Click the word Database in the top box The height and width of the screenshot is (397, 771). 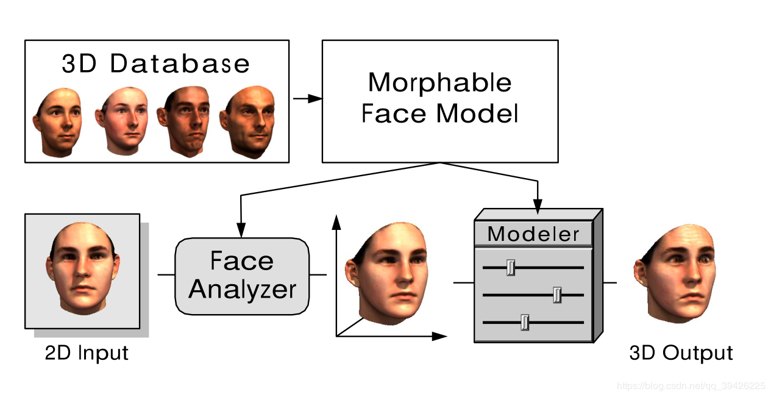click(180, 63)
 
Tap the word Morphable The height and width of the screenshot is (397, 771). click(439, 83)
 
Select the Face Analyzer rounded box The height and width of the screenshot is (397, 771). click(242, 276)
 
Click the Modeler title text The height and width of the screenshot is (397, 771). click(533, 234)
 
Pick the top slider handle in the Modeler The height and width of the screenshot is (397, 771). click(511, 267)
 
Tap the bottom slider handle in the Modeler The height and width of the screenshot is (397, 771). click(525, 322)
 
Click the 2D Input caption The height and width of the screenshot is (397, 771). click(87, 353)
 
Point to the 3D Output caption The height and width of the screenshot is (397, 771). click(681, 353)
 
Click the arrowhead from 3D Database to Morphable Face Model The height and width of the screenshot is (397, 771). click(315, 99)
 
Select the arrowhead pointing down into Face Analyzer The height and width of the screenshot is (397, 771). click(242, 231)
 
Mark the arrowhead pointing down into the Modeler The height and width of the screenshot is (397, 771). click(538, 209)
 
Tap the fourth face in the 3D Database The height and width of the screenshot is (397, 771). click(248, 122)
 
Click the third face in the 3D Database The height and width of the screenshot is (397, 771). click(185, 121)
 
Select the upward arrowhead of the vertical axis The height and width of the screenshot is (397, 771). click(335, 220)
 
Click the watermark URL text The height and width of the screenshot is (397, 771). click(691, 386)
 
